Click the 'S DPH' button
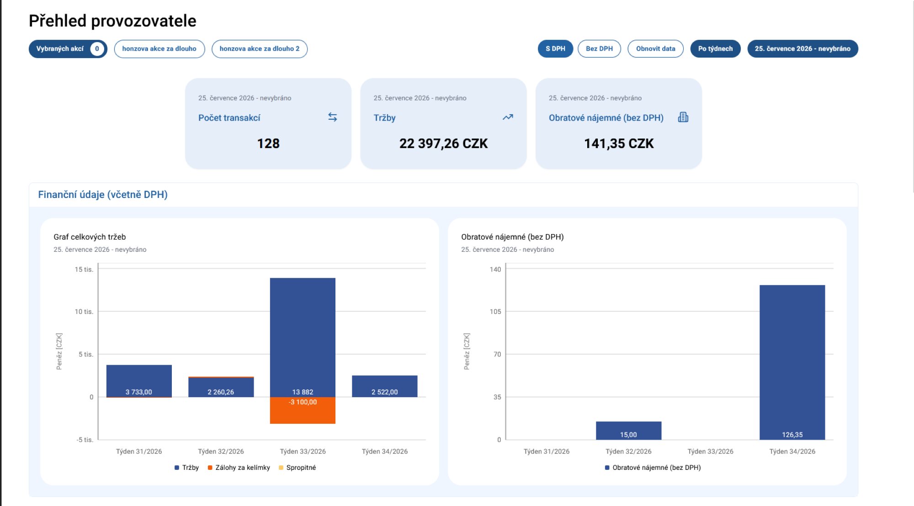[x=555, y=49]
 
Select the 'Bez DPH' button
[x=599, y=49]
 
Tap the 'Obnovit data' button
[x=655, y=49]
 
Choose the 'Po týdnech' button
[x=715, y=49]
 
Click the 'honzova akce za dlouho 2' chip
[x=260, y=49]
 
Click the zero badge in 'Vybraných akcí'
[x=97, y=49]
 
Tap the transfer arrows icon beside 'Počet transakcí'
[x=333, y=117]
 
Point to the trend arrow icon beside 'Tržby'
[x=508, y=117]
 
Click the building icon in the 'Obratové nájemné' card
[x=683, y=117]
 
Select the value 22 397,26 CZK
[x=443, y=144]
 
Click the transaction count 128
[x=268, y=144]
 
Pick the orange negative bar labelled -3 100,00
[x=303, y=410]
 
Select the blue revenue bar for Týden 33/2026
[x=303, y=337]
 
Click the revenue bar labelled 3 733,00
[x=139, y=381]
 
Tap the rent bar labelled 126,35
[x=792, y=362]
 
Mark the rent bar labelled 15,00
[x=628, y=431]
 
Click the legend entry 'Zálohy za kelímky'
[x=239, y=468]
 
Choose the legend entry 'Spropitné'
[x=298, y=468]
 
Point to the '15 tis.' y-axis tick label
[x=84, y=269]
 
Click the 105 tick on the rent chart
[x=495, y=312]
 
